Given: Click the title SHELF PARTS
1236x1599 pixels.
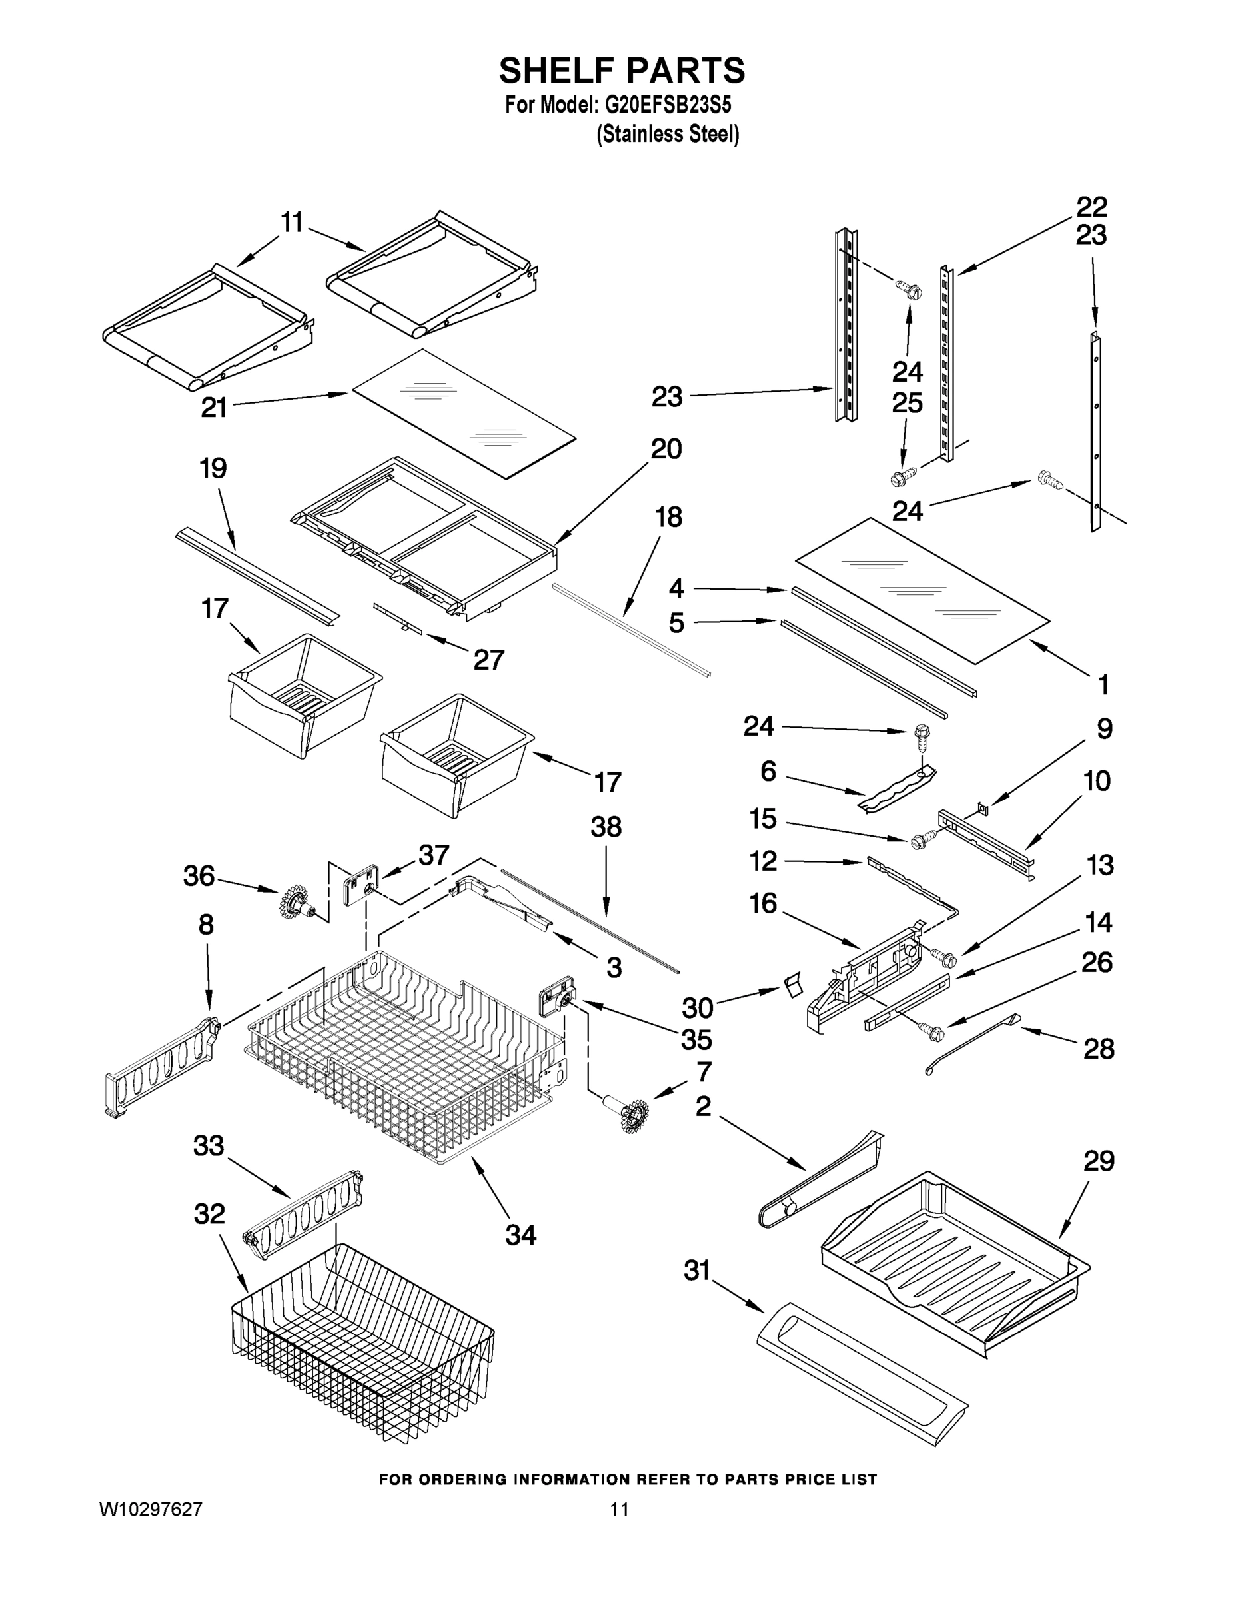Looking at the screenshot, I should tap(622, 71).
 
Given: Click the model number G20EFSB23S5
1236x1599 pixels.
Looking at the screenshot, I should tap(667, 105).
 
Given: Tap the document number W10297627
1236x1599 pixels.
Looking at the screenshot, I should tap(151, 1509).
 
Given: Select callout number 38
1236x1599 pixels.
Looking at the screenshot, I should tap(606, 827).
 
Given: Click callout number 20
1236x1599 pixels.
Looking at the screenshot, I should tap(666, 449).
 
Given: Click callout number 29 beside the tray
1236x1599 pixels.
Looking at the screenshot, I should tap(1098, 1161).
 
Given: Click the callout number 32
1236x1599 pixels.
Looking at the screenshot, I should tap(209, 1214).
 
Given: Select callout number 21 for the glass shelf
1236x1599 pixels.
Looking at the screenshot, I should tap(214, 408).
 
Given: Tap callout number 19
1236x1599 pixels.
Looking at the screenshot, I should tap(213, 468).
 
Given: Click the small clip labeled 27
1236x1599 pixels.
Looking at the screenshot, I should tap(399, 616).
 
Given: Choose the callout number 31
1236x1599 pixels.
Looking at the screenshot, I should tap(697, 1271).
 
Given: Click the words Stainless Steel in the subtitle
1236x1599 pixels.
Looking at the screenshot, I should tap(667, 135).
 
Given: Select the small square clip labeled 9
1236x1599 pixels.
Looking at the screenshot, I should tap(982, 808).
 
